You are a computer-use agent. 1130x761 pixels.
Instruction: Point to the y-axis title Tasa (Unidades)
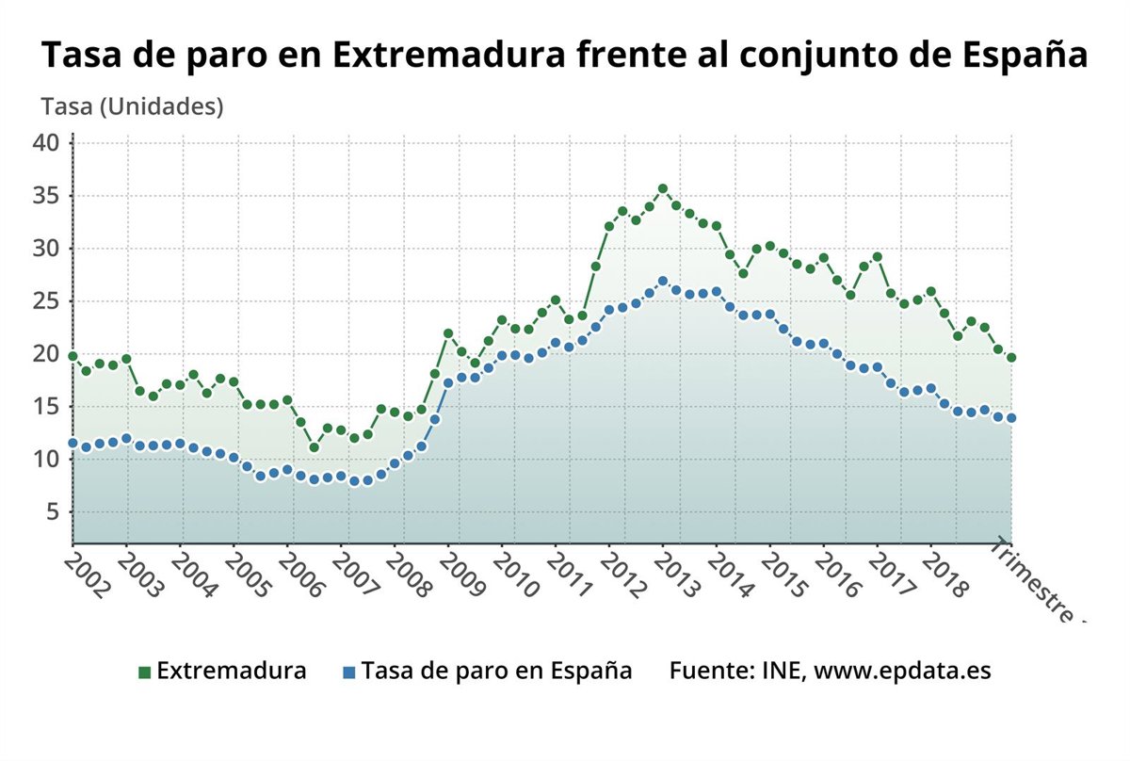pyautogui.click(x=132, y=107)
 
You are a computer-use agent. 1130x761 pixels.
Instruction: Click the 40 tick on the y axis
pyautogui.click(x=46, y=143)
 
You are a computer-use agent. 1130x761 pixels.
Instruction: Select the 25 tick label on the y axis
pyautogui.click(x=46, y=301)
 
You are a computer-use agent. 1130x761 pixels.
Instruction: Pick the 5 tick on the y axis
pyautogui.click(x=53, y=511)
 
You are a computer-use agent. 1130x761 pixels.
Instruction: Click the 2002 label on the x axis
pyautogui.click(x=87, y=575)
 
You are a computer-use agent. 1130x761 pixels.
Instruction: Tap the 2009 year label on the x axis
pyautogui.click(x=460, y=575)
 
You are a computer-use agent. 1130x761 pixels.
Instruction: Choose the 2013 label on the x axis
pyautogui.click(x=676, y=575)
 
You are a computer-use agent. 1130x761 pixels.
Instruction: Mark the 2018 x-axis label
pyautogui.click(x=945, y=575)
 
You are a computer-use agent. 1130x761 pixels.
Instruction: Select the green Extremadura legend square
pyautogui.click(x=144, y=672)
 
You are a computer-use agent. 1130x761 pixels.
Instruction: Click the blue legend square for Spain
pyautogui.click(x=348, y=672)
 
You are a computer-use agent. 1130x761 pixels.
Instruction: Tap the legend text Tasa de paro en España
pyautogui.click(x=496, y=672)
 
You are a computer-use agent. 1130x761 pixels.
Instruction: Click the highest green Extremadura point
pyautogui.click(x=663, y=189)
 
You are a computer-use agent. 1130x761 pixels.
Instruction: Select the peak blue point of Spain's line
pyautogui.click(x=663, y=282)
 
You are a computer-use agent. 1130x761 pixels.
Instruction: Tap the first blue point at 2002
pyautogui.click(x=73, y=443)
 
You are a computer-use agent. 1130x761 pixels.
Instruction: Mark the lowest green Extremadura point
pyautogui.click(x=315, y=447)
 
